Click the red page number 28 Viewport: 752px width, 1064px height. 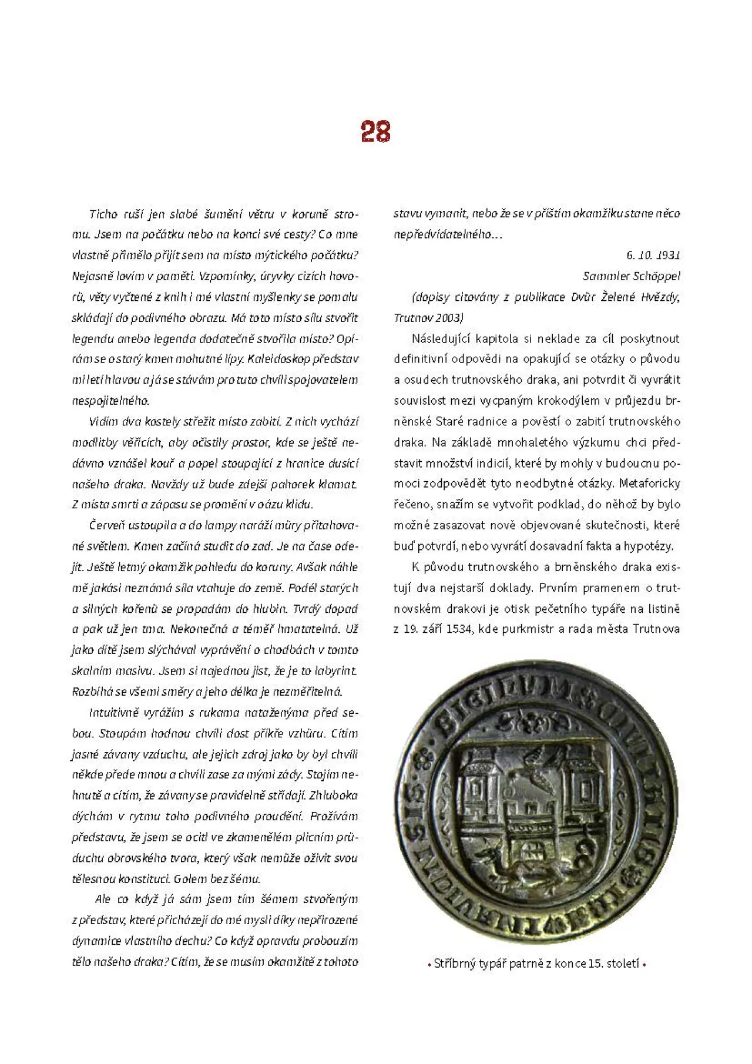375,132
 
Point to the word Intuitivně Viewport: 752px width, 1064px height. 113,713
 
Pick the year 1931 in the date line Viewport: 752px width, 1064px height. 668,255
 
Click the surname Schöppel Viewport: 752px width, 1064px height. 656,276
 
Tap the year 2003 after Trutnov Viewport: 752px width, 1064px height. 449,318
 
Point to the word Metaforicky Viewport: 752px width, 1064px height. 650,484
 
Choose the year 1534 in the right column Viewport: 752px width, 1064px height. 459,629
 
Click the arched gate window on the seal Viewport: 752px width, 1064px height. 534,850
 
